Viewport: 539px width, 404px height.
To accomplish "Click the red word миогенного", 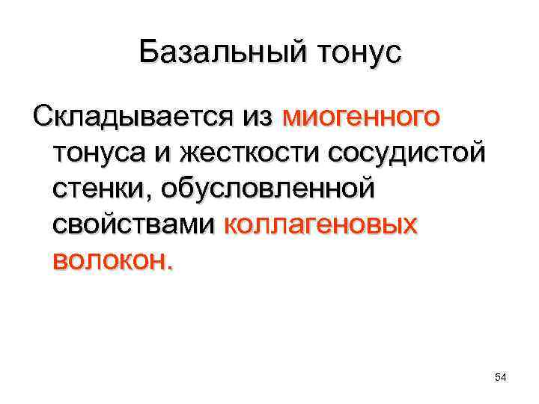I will tap(362, 117).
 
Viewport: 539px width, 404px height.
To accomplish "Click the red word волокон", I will tap(109, 260).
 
